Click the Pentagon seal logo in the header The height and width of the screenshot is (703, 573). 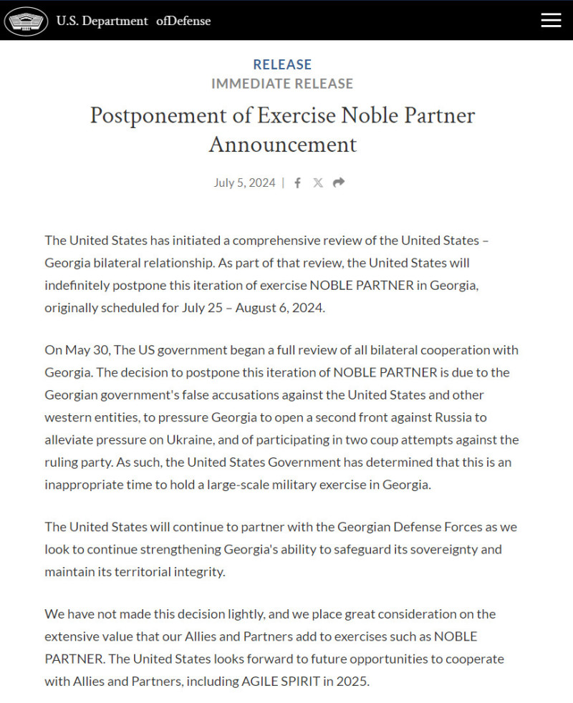click(27, 21)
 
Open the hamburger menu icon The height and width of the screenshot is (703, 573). click(551, 20)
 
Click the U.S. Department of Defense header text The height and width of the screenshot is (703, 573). click(133, 21)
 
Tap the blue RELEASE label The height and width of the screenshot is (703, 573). click(282, 64)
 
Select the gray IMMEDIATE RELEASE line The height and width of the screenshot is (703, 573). click(282, 84)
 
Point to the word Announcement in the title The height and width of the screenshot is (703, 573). click(282, 144)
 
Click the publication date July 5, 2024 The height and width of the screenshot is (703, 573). click(244, 183)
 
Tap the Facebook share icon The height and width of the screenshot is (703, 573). click(297, 183)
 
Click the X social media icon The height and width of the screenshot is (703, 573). click(318, 183)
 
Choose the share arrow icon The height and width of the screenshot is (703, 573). click(339, 183)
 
